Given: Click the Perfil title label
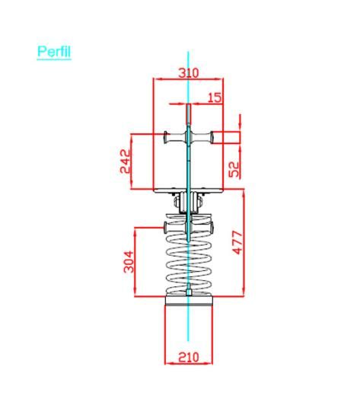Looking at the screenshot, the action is click(54, 52).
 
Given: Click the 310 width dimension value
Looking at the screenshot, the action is click(188, 73).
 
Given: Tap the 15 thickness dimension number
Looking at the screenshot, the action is click(215, 97).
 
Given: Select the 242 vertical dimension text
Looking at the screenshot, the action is click(126, 161).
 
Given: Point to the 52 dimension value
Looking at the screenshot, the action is click(234, 169).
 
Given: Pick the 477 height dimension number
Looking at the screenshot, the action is click(238, 242).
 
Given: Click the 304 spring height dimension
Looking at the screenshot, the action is click(129, 262).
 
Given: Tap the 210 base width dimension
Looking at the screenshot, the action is click(188, 357).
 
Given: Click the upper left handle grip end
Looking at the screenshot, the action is click(166, 137).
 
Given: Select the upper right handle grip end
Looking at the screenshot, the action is click(212, 137).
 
